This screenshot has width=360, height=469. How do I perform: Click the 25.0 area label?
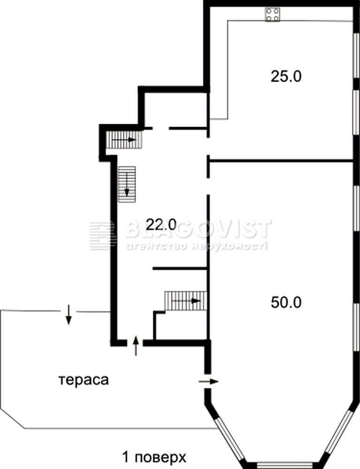286,76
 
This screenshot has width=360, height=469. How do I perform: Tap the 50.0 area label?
286,303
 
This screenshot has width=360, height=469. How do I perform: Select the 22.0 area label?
161,224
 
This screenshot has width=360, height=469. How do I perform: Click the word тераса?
84,380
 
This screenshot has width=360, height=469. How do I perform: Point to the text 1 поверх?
154,457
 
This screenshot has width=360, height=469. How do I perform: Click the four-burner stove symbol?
272,15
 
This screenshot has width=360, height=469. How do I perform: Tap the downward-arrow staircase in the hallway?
127,184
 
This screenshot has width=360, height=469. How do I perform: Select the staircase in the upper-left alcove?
124,140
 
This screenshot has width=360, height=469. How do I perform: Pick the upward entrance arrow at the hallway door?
136,346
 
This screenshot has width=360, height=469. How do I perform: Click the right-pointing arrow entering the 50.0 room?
208,381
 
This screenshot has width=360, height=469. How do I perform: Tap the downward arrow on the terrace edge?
69,315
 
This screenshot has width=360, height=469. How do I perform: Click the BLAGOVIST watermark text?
198,229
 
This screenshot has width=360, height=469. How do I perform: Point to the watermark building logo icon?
102,236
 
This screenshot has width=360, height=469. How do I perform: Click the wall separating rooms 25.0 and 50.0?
281,161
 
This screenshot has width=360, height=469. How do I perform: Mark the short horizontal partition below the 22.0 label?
180,269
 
